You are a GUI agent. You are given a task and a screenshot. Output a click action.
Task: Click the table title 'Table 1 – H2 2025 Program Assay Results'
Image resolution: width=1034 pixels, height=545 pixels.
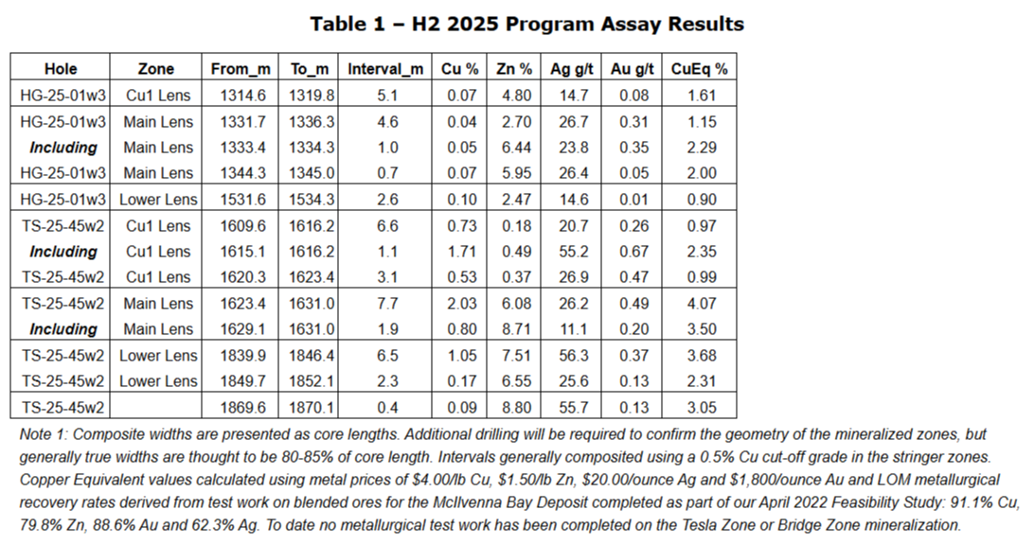(x=526, y=25)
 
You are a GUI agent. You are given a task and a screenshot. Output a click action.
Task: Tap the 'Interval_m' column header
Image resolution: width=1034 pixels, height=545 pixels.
(x=384, y=69)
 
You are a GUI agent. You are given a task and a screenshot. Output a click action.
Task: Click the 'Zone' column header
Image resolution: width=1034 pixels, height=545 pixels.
(x=156, y=69)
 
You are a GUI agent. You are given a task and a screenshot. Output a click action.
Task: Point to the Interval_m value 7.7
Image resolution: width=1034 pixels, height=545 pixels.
(x=384, y=304)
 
